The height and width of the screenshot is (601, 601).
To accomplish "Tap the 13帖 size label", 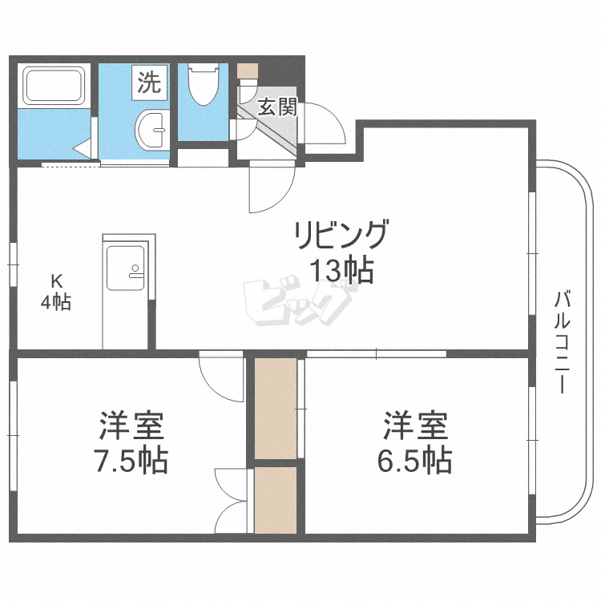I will point(343,272).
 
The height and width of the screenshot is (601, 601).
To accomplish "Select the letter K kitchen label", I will point(56,281).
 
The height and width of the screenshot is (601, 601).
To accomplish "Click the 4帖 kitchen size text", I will point(56,302).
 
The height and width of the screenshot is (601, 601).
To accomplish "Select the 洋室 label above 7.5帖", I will point(132,426).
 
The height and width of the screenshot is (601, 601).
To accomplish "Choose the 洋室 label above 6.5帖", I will point(415,426).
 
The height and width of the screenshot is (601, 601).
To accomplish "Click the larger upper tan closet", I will point(275,409).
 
